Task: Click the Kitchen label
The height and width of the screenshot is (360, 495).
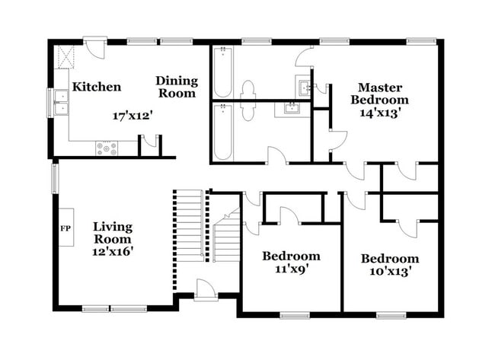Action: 96,87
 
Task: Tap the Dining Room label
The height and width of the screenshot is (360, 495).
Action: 176,87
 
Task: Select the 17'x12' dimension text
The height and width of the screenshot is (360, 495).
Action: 133,116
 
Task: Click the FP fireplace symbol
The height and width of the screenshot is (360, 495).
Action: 65,228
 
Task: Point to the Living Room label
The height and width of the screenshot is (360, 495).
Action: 113,233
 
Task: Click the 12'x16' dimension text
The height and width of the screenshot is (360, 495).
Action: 113,252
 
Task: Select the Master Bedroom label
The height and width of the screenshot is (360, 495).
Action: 383,94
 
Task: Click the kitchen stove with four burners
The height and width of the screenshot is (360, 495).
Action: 107,148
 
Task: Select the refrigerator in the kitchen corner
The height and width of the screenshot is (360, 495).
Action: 65,56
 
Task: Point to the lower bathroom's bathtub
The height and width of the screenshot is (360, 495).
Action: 222,131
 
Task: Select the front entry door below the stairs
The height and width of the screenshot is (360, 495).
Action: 205,290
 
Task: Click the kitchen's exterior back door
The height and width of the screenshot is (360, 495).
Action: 94,47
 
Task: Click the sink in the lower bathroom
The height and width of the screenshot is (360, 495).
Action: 292,109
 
